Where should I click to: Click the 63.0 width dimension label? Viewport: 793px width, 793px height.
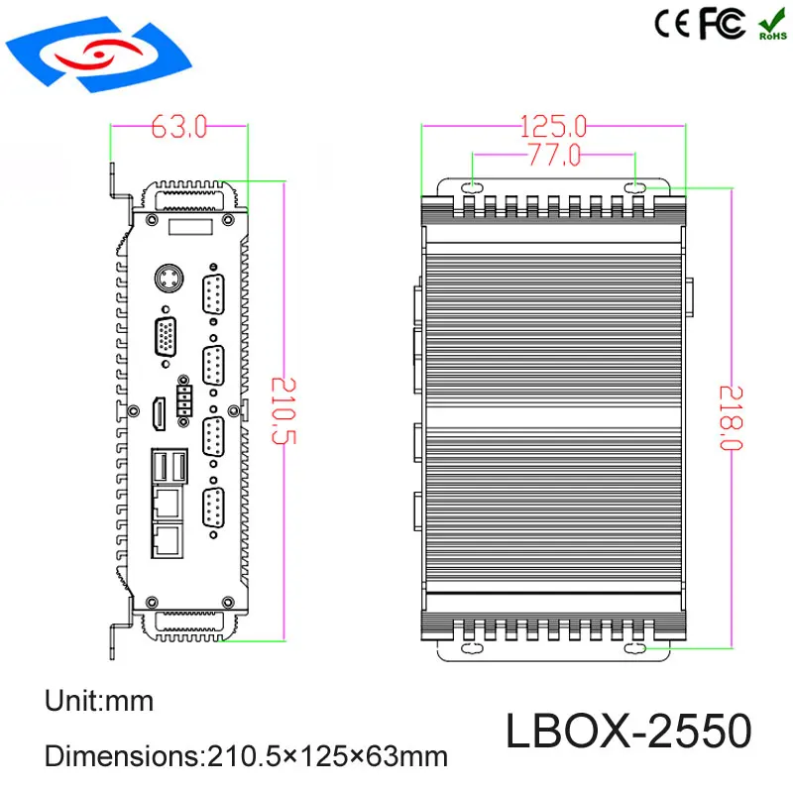(x=178, y=126)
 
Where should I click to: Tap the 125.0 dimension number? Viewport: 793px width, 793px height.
(x=554, y=126)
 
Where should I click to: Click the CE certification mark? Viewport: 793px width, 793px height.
(x=674, y=25)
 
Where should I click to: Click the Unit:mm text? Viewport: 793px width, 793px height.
(x=99, y=702)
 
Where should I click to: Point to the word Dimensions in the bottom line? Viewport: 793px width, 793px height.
(x=118, y=756)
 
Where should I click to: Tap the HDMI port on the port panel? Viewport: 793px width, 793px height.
(x=157, y=413)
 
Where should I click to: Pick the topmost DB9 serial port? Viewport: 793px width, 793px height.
(x=211, y=295)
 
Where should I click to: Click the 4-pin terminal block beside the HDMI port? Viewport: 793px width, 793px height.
(x=183, y=400)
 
